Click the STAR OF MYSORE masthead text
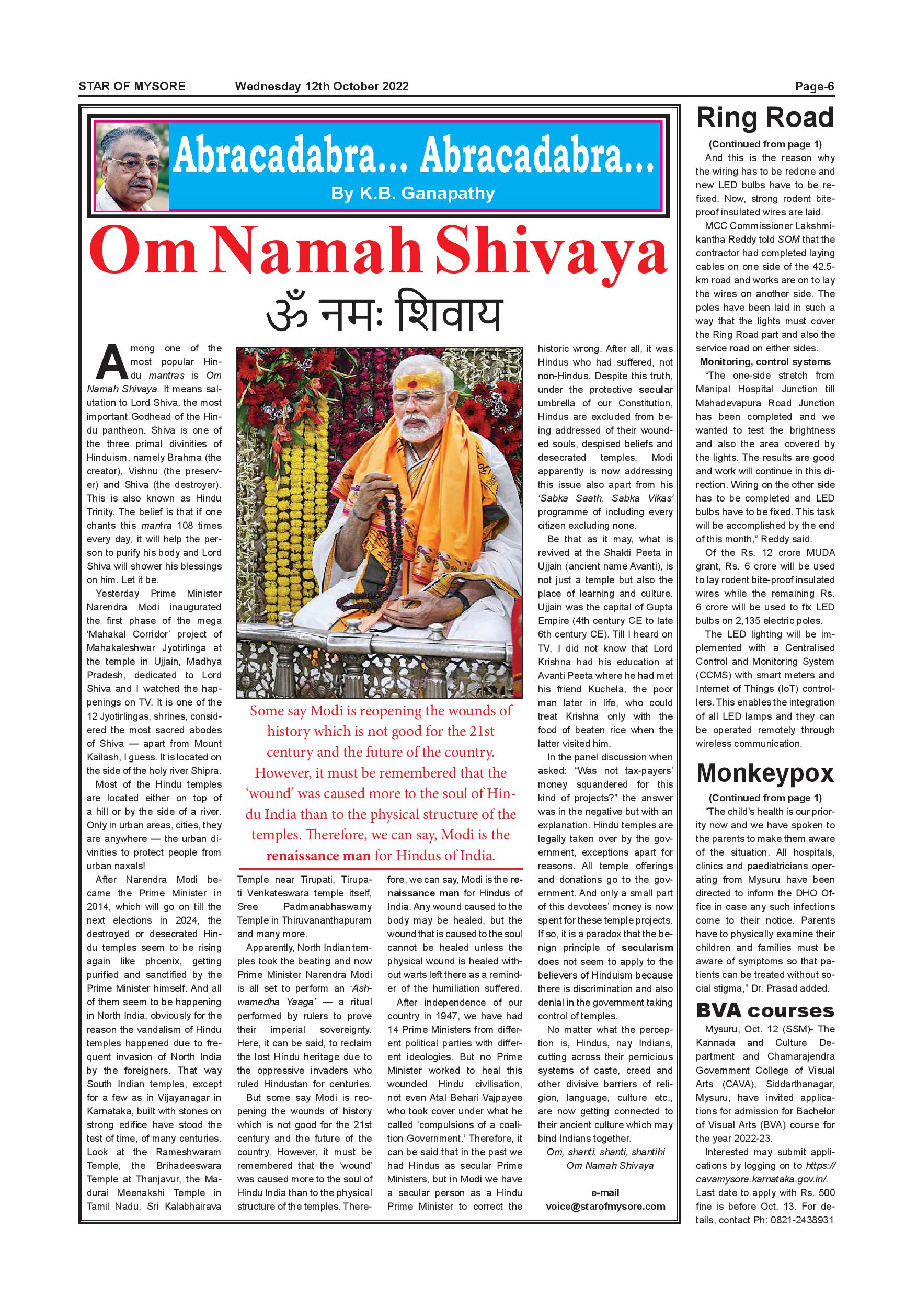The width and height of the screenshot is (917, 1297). pyautogui.click(x=132, y=86)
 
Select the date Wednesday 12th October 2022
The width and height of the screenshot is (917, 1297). pyautogui.click(x=322, y=86)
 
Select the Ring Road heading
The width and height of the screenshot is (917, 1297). pyautogui.click(x=764, y=118)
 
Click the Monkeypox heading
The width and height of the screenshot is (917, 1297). pyautogui.click(x=764, y=773)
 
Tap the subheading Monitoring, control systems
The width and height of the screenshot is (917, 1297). pyautogui.click(x=765, y=361)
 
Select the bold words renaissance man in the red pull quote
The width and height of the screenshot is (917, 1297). pyautogui.click(x=318, y=856)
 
